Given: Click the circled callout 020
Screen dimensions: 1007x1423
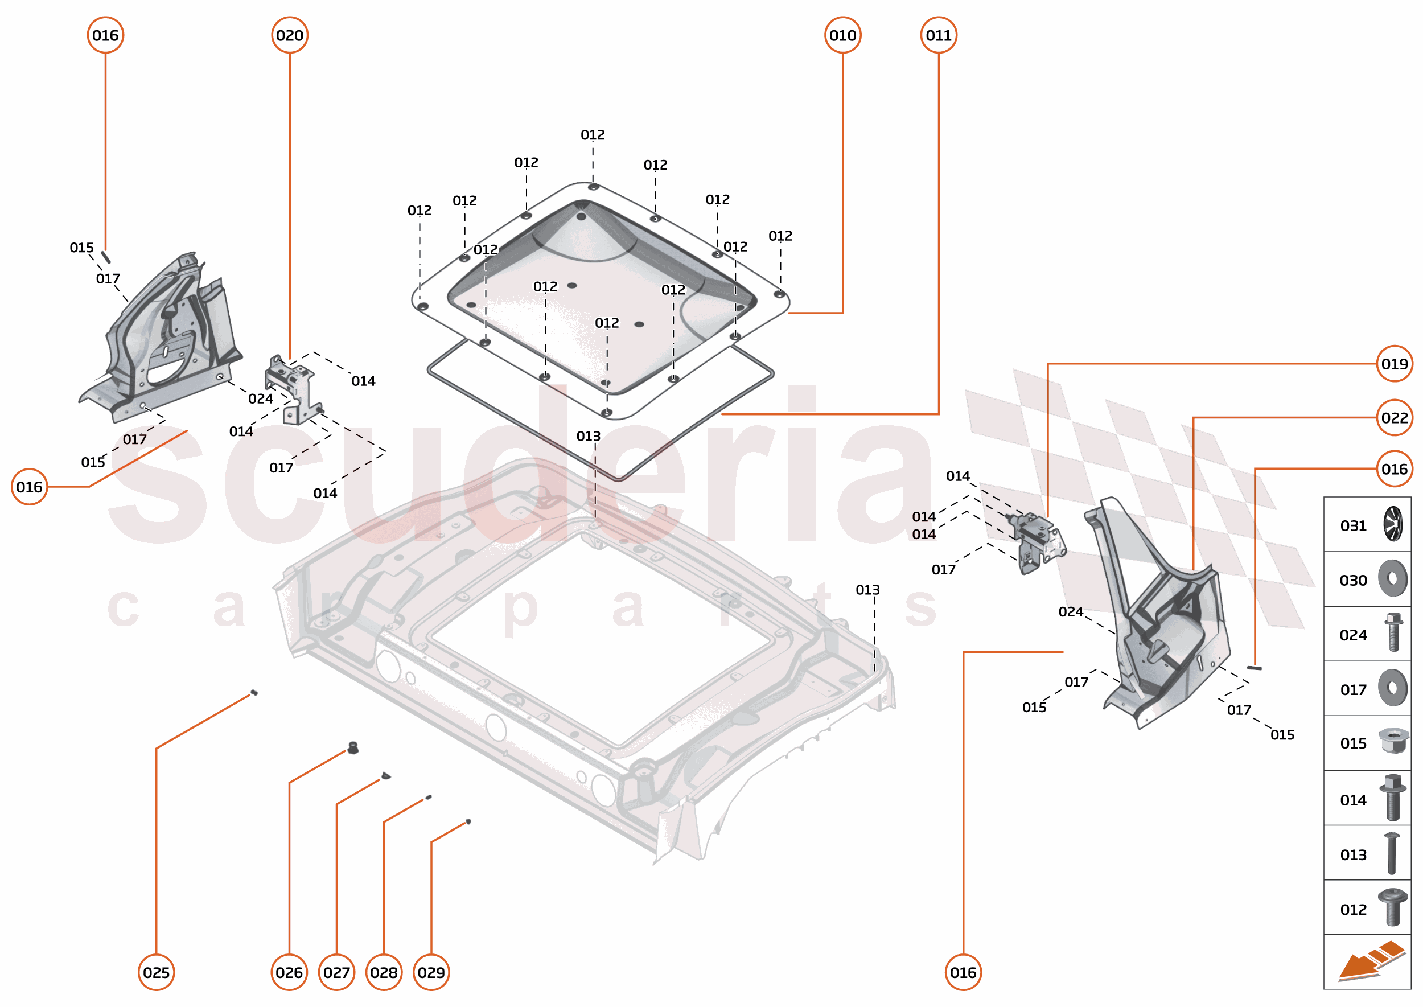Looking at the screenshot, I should [290, 35].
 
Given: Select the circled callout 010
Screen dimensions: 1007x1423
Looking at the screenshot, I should [842, 35].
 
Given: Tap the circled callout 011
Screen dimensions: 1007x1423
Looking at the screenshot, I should [938, 35].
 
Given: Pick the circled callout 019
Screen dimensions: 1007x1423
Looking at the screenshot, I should [1394, 364].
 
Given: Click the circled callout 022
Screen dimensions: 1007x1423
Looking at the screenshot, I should [1394, 418].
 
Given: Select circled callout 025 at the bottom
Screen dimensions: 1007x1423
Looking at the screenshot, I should [157, 972].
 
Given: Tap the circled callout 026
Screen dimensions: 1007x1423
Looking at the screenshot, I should [289, 972].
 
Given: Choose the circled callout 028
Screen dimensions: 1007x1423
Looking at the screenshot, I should [384, 972].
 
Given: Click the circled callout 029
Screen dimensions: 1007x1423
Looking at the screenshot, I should [431, 972].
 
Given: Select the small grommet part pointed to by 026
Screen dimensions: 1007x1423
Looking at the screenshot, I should [353, 748].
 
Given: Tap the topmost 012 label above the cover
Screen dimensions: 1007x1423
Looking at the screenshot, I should [592, 134].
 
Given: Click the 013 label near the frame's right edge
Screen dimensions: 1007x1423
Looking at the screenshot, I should [867, 590].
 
